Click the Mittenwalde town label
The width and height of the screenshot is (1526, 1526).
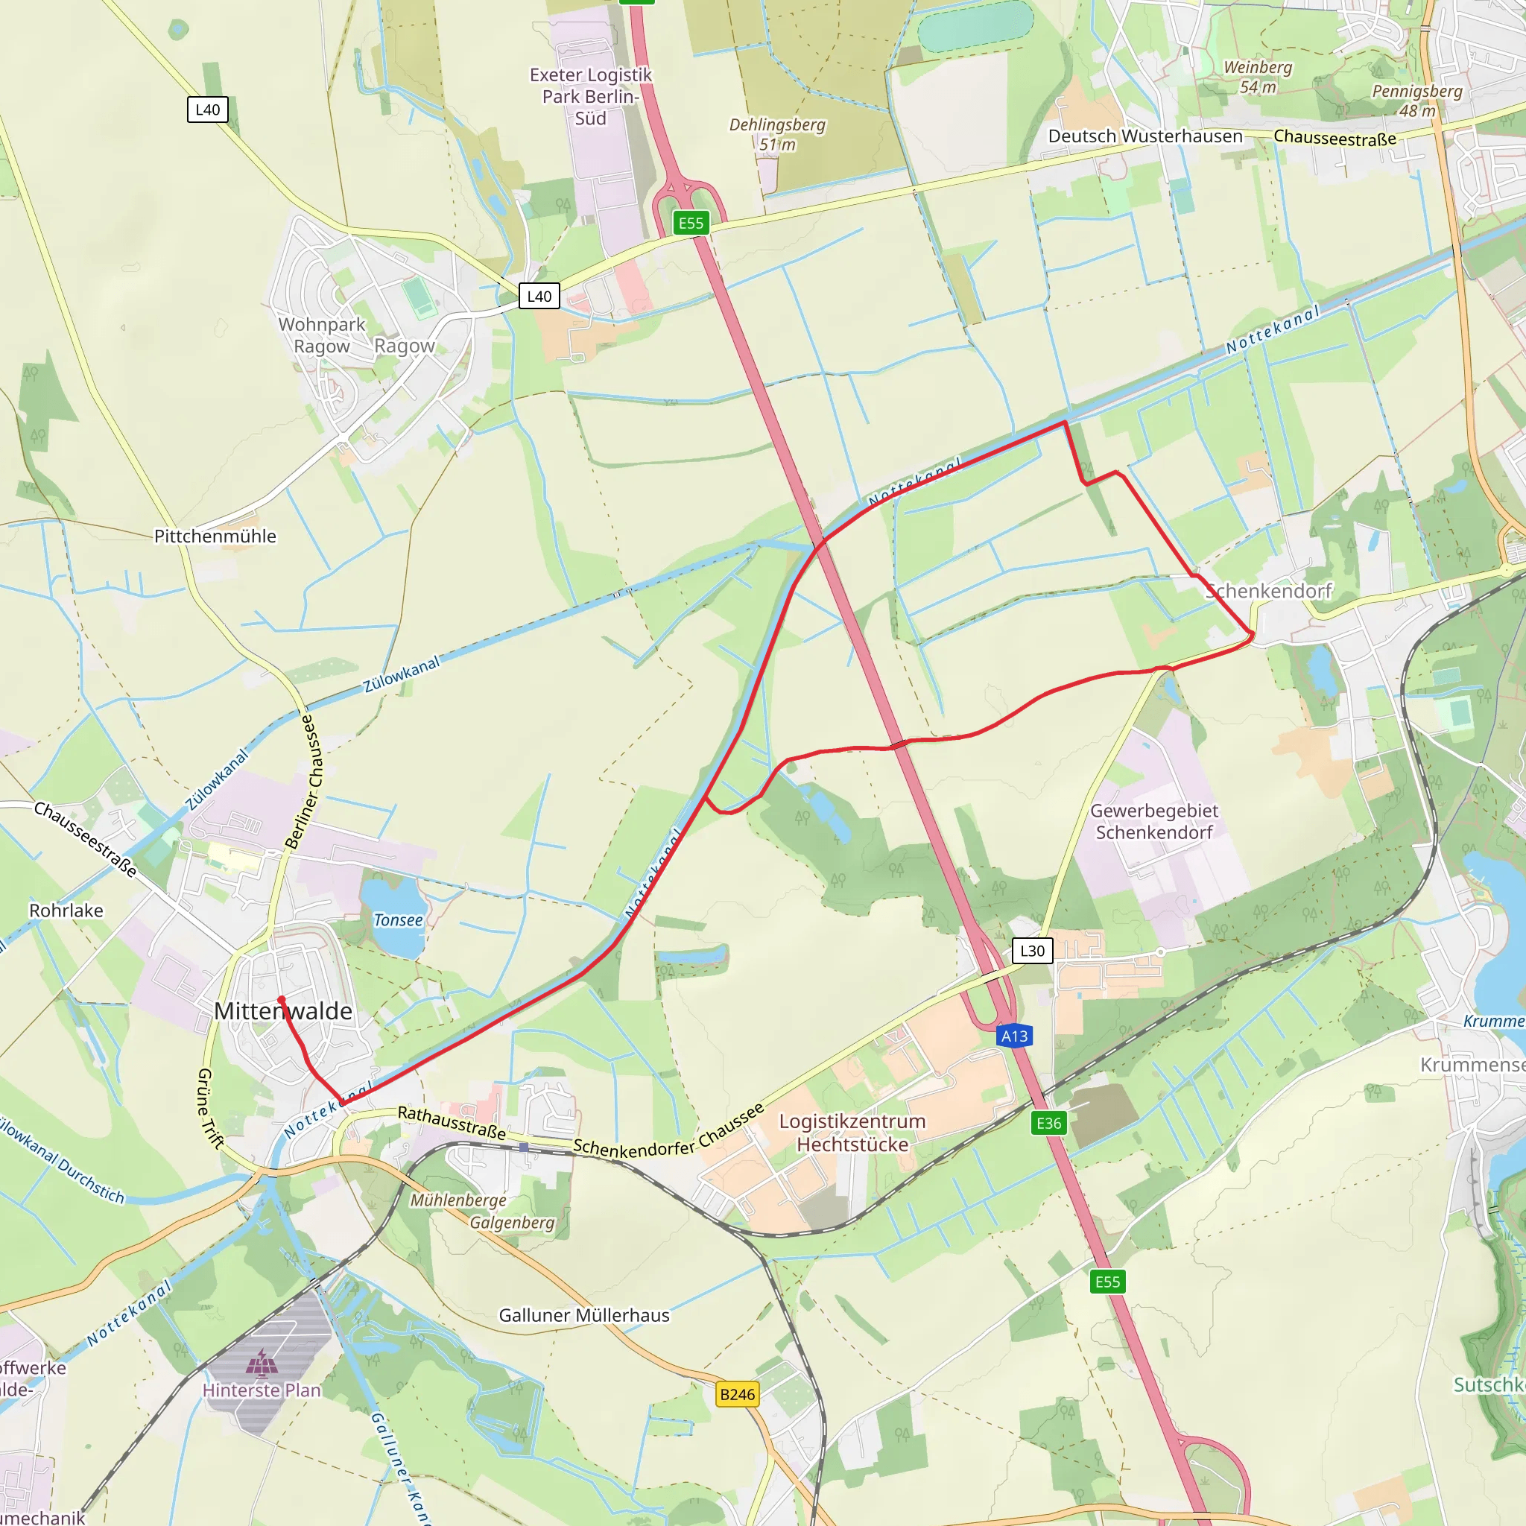[x=282, y=1011]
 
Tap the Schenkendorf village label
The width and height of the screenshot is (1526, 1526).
[x=1268, y=591]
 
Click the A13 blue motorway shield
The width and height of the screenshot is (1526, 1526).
[x=1014, y=1036]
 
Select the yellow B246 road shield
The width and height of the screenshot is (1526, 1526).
[x=737, y=1394]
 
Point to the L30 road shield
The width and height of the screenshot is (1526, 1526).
[x=1032, y=950]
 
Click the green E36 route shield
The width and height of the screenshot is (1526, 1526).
[x=1049, y=1122]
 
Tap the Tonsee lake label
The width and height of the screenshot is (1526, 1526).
[x=398, y=920]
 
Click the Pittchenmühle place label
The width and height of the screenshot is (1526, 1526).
[x=215, y=536]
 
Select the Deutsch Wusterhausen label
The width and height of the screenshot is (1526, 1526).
[x=1145, y=136]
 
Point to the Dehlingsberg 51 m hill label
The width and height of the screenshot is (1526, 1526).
[x=777, y=134]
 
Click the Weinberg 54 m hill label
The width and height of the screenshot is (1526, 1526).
[x=1258, y=77]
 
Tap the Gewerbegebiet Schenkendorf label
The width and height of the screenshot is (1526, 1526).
[x=1154, y=821]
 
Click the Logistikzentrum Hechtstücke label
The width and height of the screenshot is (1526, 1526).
[x=852, y=1132]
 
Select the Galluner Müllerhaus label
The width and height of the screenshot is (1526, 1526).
[x=583, y=1315]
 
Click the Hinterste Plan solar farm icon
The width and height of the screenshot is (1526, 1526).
[x=262, y=1363]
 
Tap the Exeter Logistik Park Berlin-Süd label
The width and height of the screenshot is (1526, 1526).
[x=591, y=96]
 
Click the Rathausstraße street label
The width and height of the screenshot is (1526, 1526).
[x=451, y=1122]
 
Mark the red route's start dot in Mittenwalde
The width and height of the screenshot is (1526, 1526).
[x=281, y=1000]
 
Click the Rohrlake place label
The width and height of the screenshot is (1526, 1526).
[x=66, y=911]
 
